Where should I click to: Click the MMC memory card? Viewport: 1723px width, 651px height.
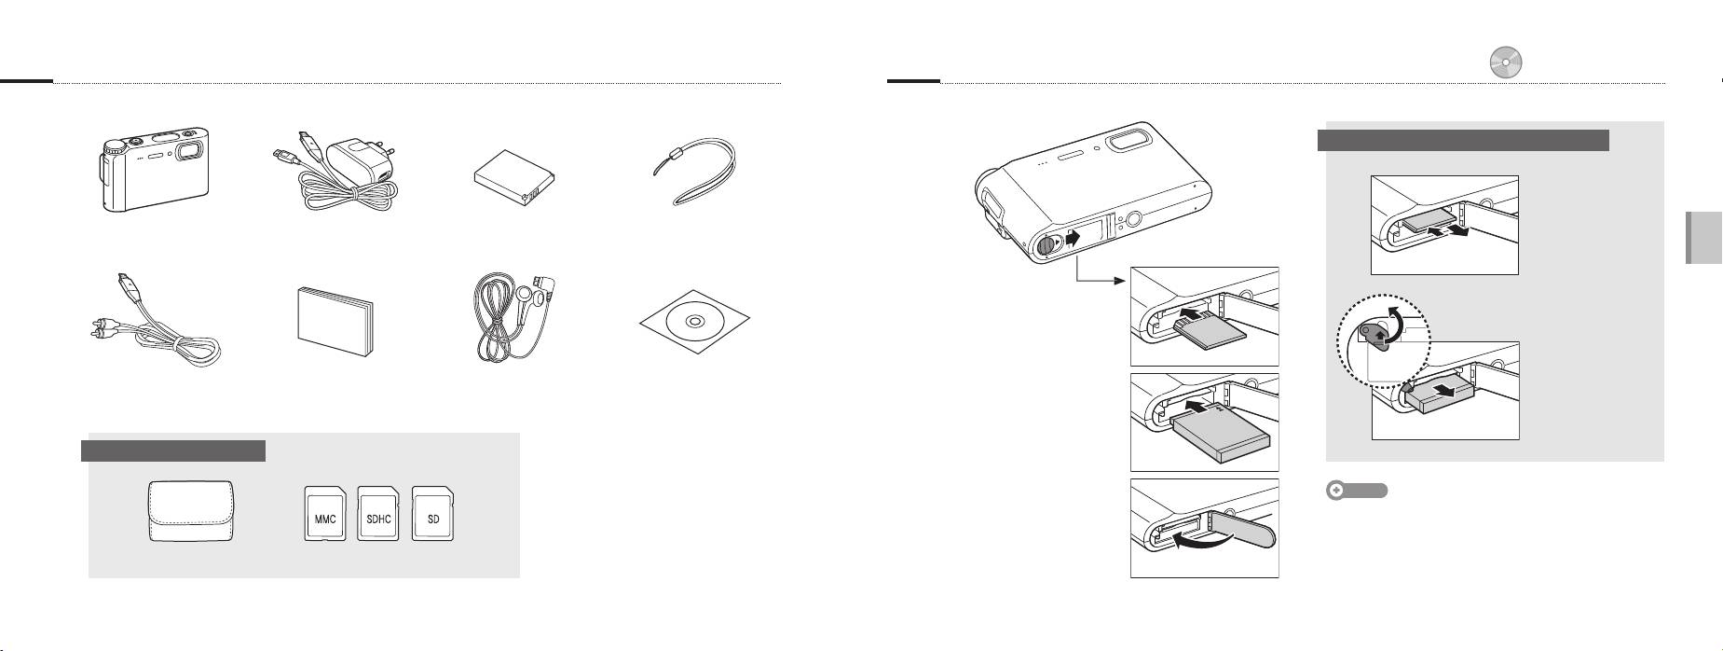[325, 514]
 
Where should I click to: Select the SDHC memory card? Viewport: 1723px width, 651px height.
[378, 514]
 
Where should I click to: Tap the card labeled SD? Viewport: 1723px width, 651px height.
[433, 514]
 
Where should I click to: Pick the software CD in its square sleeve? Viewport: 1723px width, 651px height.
[694, 322]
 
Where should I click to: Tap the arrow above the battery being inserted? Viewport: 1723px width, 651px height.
[1206, 409]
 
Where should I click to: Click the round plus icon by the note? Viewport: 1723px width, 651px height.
[1337, 490]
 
